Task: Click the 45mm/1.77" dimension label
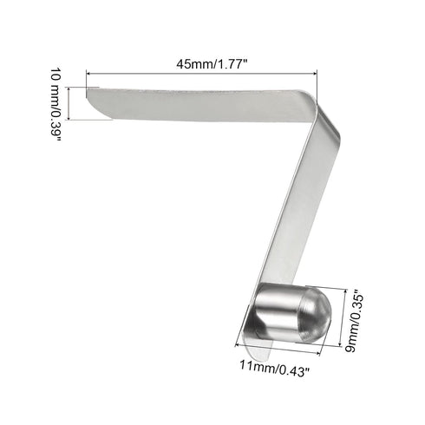click(x=212, y=64)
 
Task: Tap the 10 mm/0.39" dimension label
click(x=56, y=104)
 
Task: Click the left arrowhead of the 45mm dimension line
click(x=88, y=74)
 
